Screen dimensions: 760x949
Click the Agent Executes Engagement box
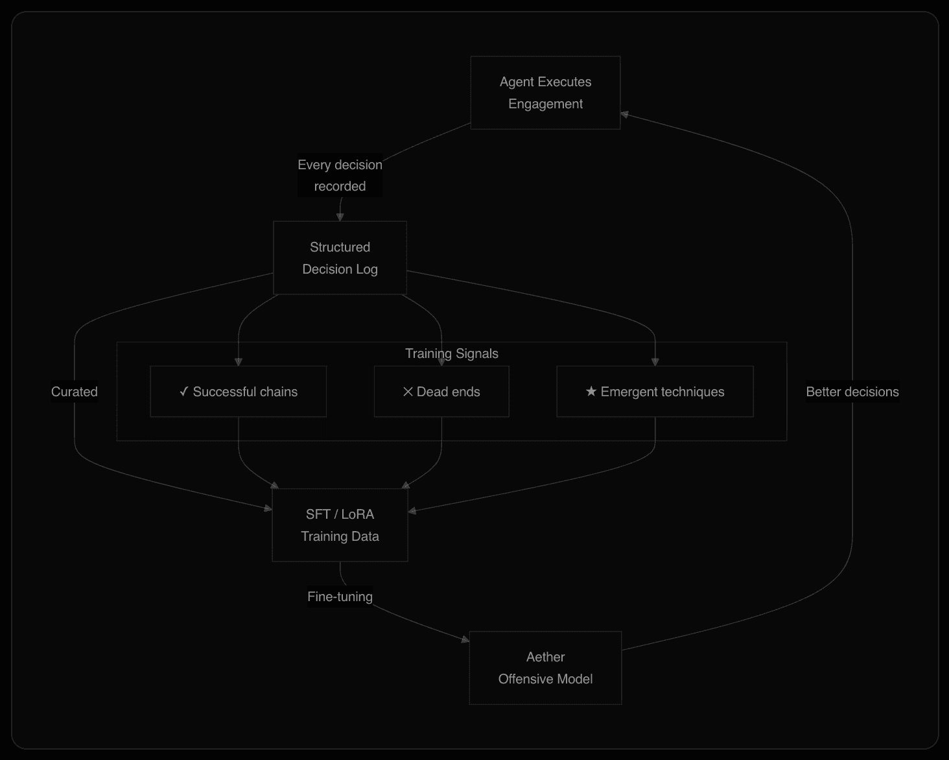(x=545, y=93)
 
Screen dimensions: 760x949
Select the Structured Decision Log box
(x=340, y=258)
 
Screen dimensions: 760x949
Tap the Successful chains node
(x=239, y=392)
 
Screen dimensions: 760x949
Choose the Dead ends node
(x=441, y=392)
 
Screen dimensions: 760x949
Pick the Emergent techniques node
(x=655, y=392)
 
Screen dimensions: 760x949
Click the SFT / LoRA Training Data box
(x=340, y=525)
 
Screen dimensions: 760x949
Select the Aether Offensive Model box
(x=545, y=668)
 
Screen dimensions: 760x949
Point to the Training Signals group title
(x=452, y=353)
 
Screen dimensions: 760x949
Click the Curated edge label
(x=75, y=392)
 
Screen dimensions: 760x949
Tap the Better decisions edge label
(x=852, y=392)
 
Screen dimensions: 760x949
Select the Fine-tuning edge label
(x=340, y=597)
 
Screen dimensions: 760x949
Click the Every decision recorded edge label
(x=340, y=176)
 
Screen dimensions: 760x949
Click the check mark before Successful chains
(x=184, y=392)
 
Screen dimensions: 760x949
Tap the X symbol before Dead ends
(x=408, y=392)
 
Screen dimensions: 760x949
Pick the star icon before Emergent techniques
(x=591, y=392)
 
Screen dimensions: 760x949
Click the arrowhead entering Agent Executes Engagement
(x=624, y=115)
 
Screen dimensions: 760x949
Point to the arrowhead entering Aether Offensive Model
(x=465, y=640)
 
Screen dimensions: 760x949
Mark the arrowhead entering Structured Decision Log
(x=340, y=217)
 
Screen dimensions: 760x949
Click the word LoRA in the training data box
(x=357, y=514)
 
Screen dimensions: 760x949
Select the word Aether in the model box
(x=545, y=657)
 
